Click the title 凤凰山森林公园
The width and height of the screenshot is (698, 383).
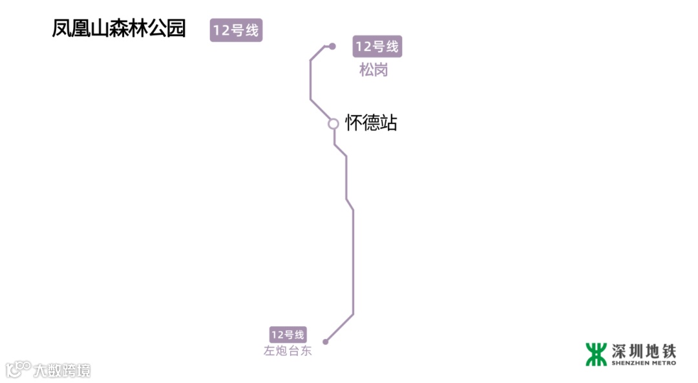tap(119, 29)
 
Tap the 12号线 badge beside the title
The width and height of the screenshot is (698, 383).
tap(236, 30)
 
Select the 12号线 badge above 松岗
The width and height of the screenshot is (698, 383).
tap(377, 47)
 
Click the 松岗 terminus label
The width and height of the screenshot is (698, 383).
tap(374, 70)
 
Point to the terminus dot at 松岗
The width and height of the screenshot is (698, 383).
tap(332, 47)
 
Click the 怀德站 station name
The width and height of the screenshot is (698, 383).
tap(371, 123)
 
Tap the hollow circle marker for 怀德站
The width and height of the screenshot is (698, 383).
tap(333, 123)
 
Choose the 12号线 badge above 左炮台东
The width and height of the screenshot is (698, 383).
tap(288, 335)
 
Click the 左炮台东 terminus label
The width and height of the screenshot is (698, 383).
tap(288, 351)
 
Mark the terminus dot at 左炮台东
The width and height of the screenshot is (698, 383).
tap(326, 342)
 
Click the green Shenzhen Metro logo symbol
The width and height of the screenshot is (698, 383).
tap(596, 354)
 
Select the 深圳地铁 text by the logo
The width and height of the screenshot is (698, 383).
tap(644, 351)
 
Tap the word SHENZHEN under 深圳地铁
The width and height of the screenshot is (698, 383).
tap(628, 363)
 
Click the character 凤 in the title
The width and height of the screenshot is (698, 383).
tap(61, 29)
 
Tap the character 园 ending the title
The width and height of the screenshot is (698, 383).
tap(176, 29)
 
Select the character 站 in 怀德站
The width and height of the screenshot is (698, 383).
tap(388, 123)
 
